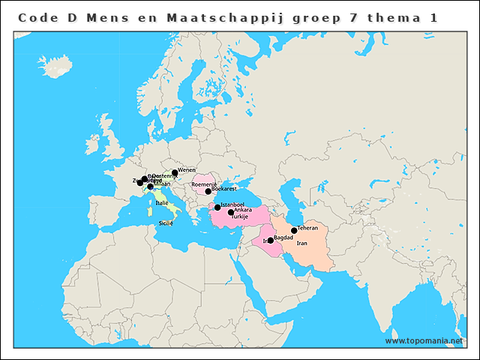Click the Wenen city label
click(x=187, y=170)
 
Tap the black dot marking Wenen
click(x=175, y=172)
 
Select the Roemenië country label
click(x=204, y=184)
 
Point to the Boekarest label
click(x=224, y=190)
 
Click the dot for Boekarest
click(x=208, y=191)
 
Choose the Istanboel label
click(x=232, y=204)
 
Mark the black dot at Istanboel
click(x=217, y=207)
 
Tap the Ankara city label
click(x=243, y=210)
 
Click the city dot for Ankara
click(x=231, y=212)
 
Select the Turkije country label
click(x=239, y=216)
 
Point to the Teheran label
click(x=307, y=227)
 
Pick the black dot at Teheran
click(x=294, y=230)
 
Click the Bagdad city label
click(x=283, y=237)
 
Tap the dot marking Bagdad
click(x=271, y=240)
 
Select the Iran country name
click(x=302, y=243)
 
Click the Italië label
click(x=163, y=202)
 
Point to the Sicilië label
click(x=166, y=223)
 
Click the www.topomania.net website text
click(x=424, y=341)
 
